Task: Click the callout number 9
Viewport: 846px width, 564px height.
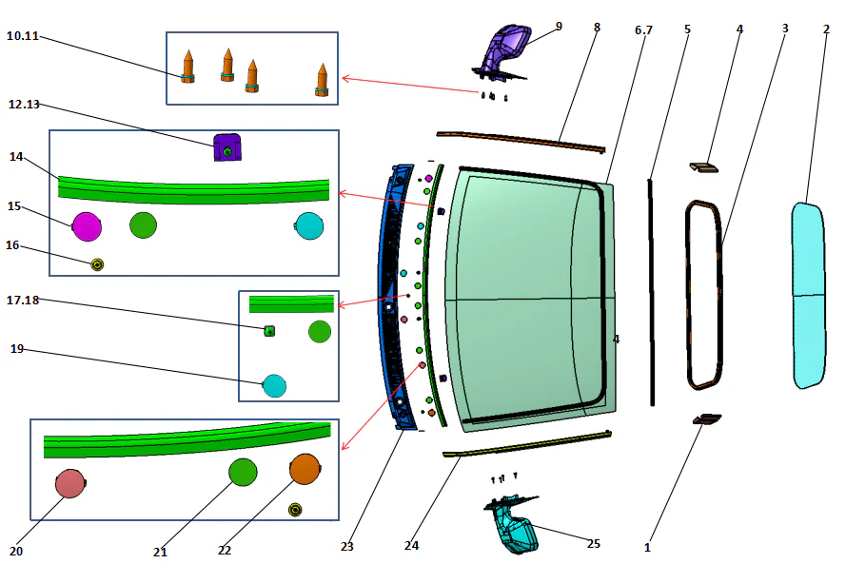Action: [x=559, y=26]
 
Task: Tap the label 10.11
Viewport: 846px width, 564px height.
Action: [x=22, y=35]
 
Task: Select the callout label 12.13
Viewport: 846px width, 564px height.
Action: [x=24, y=104]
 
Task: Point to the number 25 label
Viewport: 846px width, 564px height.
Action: [x=593, y=544]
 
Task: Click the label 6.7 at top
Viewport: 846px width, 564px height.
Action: [x=643, y=30]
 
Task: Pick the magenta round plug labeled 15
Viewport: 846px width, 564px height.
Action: [x=87, y=226]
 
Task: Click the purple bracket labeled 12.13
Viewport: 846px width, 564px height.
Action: [x=226, y=147]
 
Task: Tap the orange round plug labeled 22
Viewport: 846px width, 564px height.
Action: [x=305, y=469]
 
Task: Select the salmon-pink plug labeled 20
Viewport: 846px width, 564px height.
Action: [x=69, y=483]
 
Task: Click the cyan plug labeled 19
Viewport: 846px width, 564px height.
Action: [x=274, y=386]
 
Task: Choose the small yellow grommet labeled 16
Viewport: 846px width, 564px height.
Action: [x=96, y=263]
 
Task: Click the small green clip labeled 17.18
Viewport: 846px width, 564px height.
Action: [x=269, y=331]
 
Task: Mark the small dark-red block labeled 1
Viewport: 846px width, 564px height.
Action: [x=707, y=418]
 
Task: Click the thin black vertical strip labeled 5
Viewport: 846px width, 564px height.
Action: [x=652, y=285]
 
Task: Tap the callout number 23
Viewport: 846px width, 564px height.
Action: [x=346, y=546]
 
